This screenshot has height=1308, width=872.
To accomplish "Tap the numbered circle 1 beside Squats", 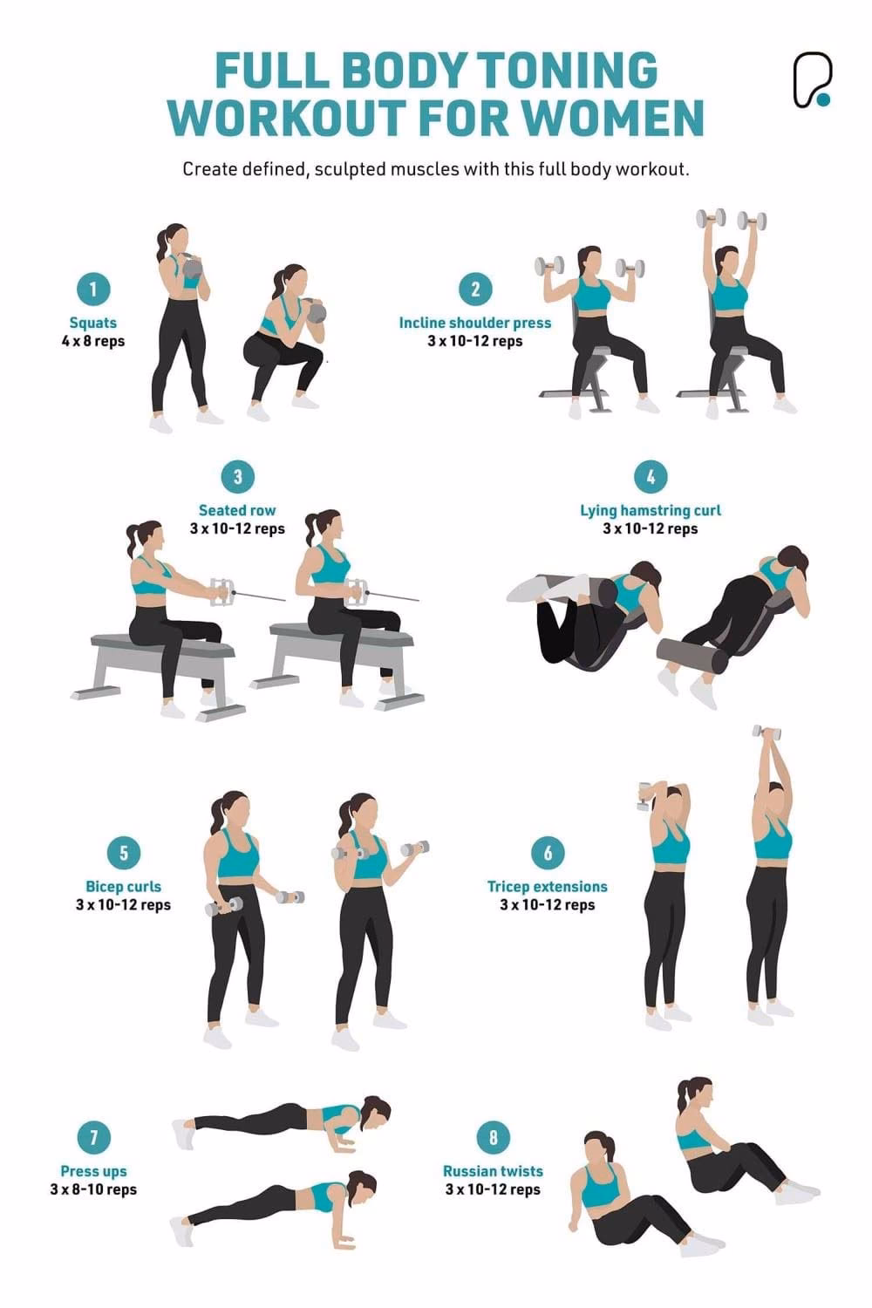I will (93, 289).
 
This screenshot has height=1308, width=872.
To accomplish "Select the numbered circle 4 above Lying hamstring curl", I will (651, 477).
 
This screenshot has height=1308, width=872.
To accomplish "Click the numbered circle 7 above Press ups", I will (93, 1137).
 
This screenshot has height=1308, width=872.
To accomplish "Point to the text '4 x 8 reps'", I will (93, 341).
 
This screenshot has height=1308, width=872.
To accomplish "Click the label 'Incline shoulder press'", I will (475, 323).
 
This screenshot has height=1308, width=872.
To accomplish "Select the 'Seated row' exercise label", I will (237, 510).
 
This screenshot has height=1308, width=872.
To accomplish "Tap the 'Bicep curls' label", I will (123, 886).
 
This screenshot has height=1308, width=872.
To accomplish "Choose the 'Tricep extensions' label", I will (548, 886).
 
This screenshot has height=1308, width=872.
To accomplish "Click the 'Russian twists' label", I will (493, 1171).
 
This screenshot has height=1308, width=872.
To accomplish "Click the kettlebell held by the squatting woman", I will (317, 311).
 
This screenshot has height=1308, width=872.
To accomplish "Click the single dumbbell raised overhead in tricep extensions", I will (766, 732).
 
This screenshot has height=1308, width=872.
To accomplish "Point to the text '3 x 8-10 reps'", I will (93, 1189).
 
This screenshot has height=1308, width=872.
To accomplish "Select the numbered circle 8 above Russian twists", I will (494, 1137).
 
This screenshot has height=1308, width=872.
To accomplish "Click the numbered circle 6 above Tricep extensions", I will (548, 852).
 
